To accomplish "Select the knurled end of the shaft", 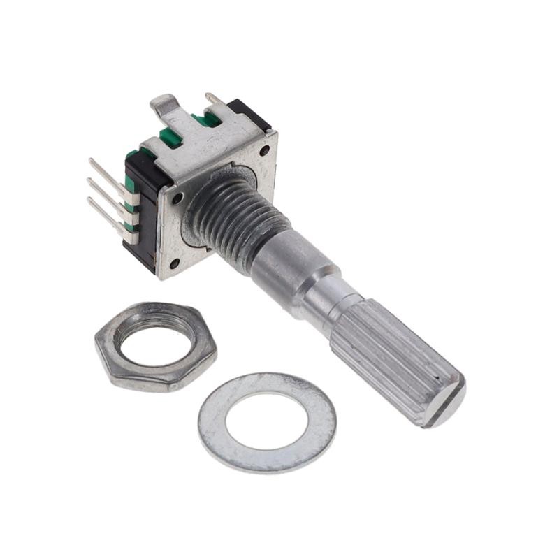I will tap(391, 356).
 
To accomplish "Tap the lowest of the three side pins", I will tap(103, 210).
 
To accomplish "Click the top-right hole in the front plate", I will tap(264, 150).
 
